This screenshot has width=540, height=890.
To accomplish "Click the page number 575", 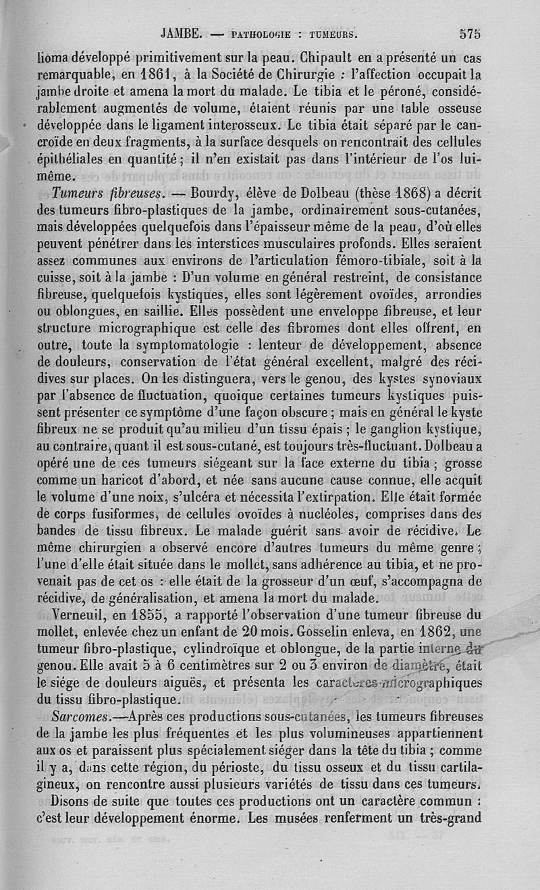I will point(468,32).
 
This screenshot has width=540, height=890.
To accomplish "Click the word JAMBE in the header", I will point(181,32).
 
